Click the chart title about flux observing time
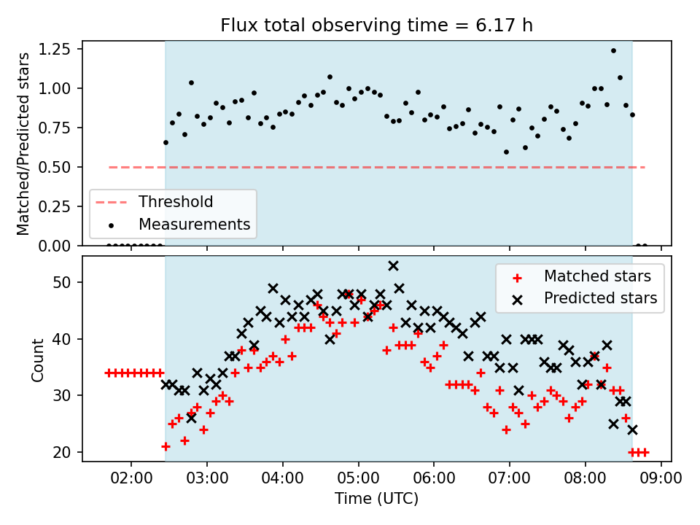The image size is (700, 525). click(376, 25)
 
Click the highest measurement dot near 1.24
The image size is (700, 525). click(613, 51)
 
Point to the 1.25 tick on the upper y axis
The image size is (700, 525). click(54, 49)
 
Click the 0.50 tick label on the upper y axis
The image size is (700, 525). click(54, 167)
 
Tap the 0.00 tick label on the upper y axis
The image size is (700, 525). click(54, 246)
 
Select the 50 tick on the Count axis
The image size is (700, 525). click(61, 283)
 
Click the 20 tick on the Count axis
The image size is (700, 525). click(61, 452)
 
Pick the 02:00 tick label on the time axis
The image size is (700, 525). click(131, 478)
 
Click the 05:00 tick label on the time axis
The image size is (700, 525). click(359, 478)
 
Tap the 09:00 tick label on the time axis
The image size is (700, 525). click(661, 478)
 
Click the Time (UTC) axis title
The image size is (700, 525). click(377, 498)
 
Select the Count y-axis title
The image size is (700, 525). click(37, 359)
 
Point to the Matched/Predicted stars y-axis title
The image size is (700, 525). click(23, 144)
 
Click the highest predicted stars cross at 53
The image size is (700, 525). click(393, 266)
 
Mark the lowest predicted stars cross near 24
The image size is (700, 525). click(632, 430)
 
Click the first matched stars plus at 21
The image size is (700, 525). click(166, 446)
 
